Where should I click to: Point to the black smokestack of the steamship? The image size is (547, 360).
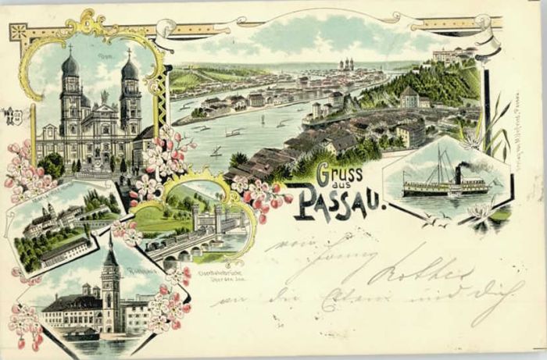[458, 174]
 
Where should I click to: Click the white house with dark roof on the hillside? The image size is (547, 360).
[409, 97]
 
